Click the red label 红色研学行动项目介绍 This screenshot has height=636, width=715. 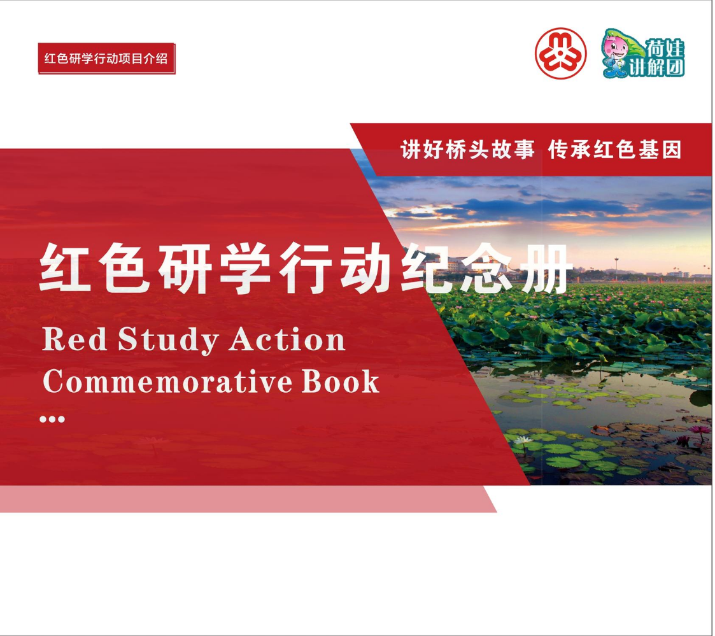106,59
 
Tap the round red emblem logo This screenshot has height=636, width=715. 560,53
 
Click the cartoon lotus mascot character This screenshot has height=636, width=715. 616,53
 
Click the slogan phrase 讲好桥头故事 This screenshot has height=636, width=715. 467,150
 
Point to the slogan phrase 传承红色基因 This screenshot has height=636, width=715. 615,150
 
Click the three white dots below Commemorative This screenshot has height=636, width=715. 52,419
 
